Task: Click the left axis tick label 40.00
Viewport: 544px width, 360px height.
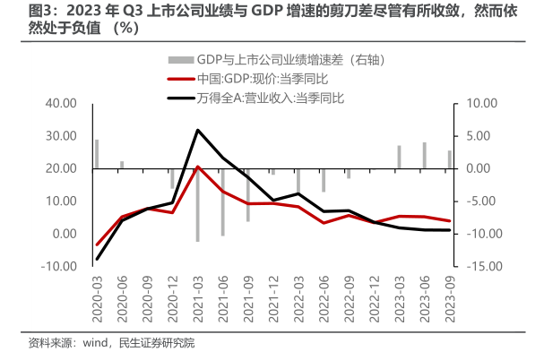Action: tap(62, 103)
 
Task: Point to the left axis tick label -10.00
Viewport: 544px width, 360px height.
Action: tap(60, 266)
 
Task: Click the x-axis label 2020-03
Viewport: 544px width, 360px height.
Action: tap(97, 294)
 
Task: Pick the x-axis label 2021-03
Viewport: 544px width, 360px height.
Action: tap(197, 294)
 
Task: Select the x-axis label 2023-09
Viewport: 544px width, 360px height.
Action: tap(449, 294)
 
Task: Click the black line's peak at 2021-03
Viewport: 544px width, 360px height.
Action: tap(197, 130)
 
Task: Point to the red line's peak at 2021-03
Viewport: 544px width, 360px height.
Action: tap(197, 167)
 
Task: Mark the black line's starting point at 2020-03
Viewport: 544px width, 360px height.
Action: tap(97, 260)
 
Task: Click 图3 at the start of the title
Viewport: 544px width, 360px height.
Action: tap(17, 11)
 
